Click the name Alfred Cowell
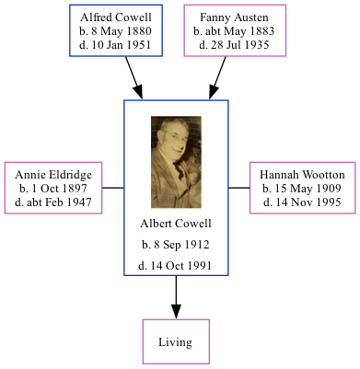[x=116, y=17]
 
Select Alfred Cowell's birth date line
[x=116, y=31]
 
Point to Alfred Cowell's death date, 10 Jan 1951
[x=116, y=44]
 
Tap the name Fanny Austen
[x=236, y=17]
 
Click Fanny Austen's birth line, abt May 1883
[x=236, y=31]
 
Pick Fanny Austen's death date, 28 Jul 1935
[x=236, y=44]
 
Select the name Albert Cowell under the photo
[x=176, y=224]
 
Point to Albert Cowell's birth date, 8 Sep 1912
[x=176, y=245]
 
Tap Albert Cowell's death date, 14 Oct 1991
[x=176, y=266]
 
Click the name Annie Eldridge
[x=53, y=174]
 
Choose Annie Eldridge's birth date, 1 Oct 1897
[x=53, y=188]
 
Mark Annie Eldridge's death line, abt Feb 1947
[x=53, y=201]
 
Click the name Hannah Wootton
[x=302, y=174]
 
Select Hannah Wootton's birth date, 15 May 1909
[x=302, y=188]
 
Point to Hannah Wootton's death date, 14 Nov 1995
[x=302, y=201]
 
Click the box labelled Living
[x=175, y=342]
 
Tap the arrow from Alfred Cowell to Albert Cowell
[x=134, y=77]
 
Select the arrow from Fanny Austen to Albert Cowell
[x=220, y=77]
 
